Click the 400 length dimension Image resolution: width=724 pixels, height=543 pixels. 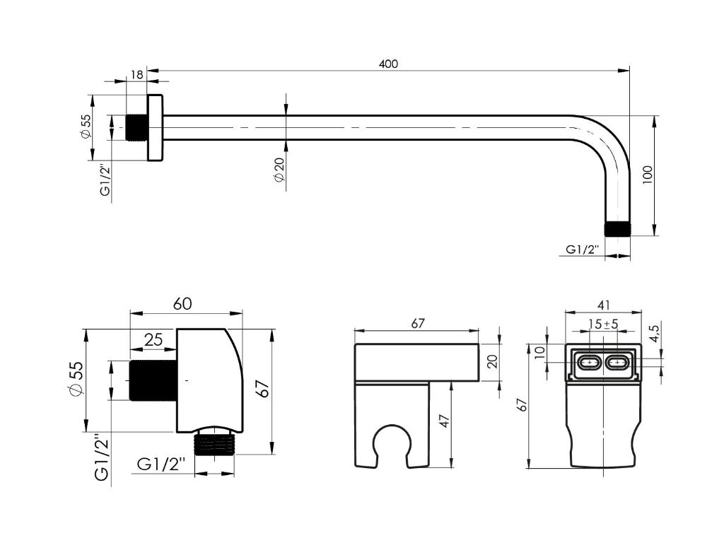click(388, 64)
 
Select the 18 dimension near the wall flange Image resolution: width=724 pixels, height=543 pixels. click(137, 74)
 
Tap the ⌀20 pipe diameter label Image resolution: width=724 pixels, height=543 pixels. click(279, 170)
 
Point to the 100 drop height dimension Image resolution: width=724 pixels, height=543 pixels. click(648, 175)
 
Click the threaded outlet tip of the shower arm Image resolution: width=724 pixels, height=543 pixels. click(617, 230)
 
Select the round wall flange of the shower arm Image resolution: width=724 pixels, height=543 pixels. click(155, 128)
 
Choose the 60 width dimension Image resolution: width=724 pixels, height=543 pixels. click(182, 304)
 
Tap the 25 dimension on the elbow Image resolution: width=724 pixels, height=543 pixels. click(153, 339)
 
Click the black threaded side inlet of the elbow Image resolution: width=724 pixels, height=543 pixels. click(153, 380)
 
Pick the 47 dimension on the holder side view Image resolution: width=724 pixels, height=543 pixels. click(444, 421)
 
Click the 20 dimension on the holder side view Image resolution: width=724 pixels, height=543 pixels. click(493, 361)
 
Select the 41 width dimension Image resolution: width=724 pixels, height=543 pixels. click(604, 305)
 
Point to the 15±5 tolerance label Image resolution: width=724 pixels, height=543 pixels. click(603, 324)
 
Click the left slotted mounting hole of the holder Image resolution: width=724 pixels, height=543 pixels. click(589, 363)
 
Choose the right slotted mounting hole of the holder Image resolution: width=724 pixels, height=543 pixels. click(617, 363)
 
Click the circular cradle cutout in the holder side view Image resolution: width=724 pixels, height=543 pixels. click(392, 441)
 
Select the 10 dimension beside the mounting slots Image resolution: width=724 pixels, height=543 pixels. click(539, 353)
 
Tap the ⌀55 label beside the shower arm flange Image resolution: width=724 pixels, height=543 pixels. click(86, 126)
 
